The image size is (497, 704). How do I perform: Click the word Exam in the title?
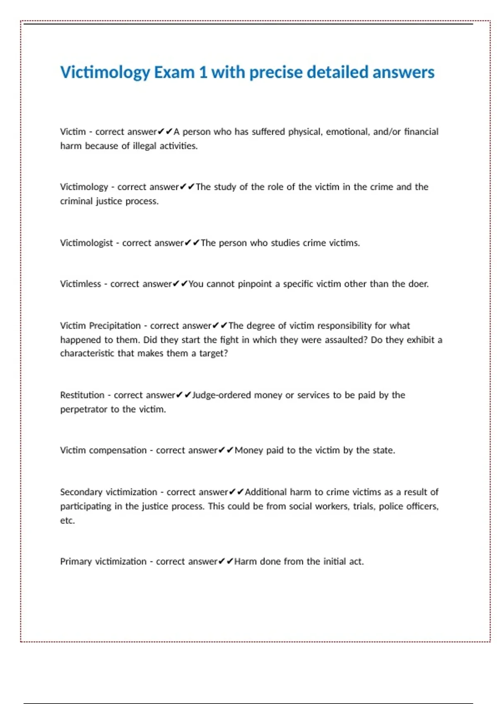tap(174, 72)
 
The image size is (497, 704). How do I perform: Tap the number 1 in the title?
tap(203, 72)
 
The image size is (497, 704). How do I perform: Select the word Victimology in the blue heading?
tap(105, 72)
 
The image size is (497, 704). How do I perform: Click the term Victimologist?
tap(86, 243)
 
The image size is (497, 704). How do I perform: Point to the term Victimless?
tap(80, 284)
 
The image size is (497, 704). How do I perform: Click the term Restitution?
tap(82, 395)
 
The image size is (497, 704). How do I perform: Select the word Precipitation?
tap(115, 326)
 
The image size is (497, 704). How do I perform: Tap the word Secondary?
tap(81, 492)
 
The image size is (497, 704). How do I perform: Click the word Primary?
tap(76, 562)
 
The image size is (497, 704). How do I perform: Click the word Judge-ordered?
tap(222, 395)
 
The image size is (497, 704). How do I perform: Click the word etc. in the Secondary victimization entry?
tap(68, 521)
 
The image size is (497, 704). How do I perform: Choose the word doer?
tap(418, 284)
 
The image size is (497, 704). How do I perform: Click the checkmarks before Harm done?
tap(226, 562)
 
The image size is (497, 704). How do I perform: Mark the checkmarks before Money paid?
tap(226, 451)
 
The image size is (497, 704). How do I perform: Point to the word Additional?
tap(265, 492)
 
